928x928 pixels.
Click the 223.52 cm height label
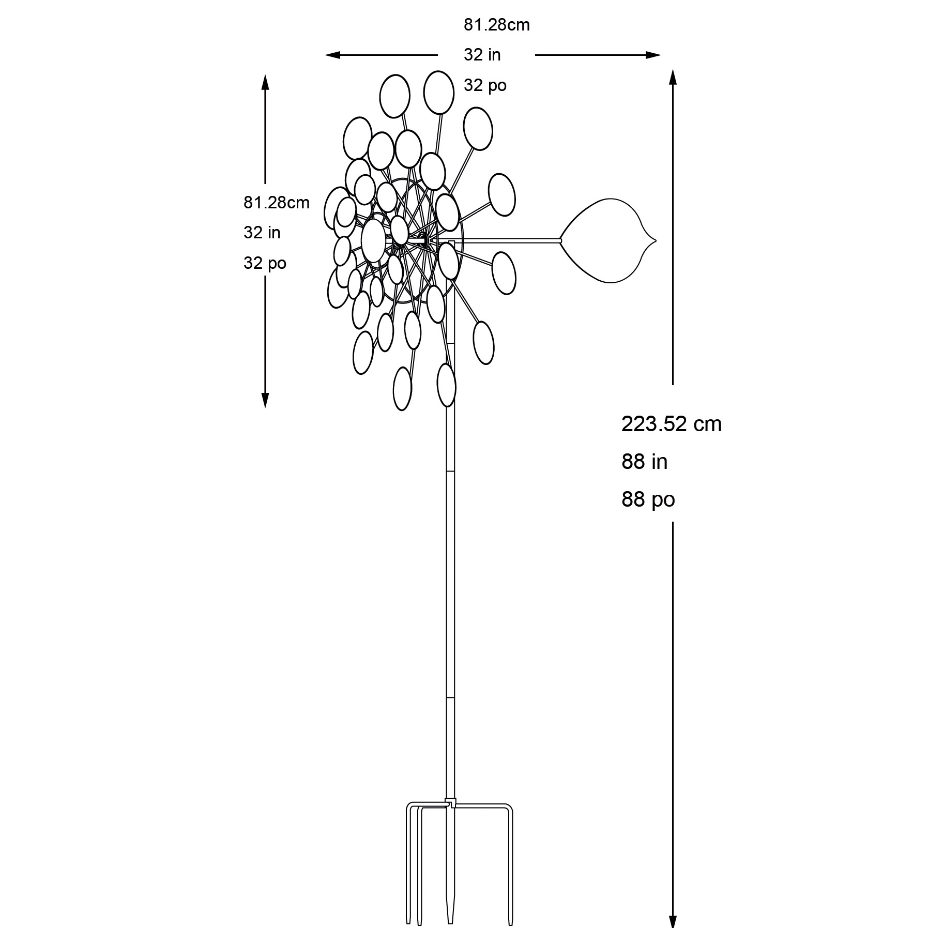coord(671,424)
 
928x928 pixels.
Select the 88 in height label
coord(644,462)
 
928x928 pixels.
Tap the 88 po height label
coord(648,499)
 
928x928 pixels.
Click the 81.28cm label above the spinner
coord(496,25)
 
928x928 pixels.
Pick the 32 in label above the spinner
coord(482,55)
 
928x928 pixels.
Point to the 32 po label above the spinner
coord(485,85)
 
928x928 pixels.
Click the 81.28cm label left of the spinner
coord(277,203)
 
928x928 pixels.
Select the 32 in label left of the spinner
coord(262,233)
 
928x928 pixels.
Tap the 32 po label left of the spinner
coord(265,263)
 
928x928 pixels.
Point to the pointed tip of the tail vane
coord(657,240)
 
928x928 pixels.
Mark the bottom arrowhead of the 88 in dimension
coord(673,919)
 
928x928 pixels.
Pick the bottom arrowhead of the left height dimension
coord(265,400)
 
